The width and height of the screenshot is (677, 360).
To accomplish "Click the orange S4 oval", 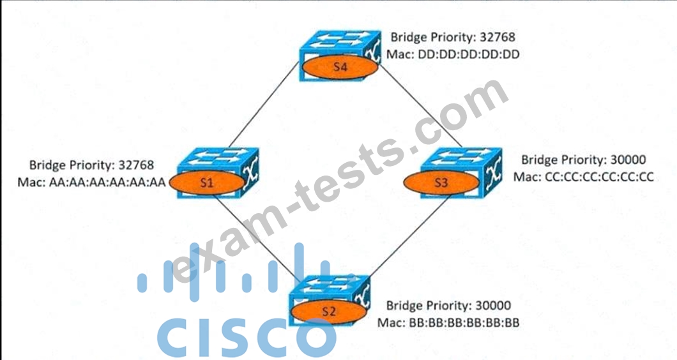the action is (340, 67).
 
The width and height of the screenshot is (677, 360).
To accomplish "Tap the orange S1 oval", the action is (207, 183).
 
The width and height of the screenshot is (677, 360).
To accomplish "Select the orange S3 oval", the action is (441, 182).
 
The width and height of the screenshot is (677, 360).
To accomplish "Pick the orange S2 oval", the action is (328, 311).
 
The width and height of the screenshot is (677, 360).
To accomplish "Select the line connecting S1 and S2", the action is (257, 238).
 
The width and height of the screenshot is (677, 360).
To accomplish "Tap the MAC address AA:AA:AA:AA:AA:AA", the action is (107, 182).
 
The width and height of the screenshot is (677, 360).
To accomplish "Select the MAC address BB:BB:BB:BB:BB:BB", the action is (464, 323).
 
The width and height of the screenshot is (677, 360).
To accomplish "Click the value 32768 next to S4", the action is (498, 36).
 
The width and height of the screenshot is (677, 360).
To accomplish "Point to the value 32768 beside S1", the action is (136, 165).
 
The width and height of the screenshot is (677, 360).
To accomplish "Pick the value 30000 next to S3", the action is (628, 160).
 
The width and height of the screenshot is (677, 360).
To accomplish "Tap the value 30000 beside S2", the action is (493, 306).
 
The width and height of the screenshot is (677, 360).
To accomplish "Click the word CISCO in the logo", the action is (246, 336).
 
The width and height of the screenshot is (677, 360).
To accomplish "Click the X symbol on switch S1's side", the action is (250, 170).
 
